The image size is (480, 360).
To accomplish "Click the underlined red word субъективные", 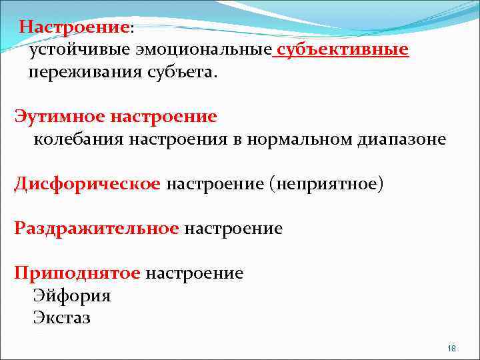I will coord(343,51).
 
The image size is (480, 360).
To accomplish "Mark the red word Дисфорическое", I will coord(87,184).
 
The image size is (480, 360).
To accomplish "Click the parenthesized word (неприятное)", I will coord(326,184).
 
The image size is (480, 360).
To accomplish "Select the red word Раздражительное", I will coord(97,229).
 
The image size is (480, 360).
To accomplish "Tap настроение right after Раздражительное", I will coord(233,229).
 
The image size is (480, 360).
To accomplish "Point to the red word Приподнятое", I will coord(77,273).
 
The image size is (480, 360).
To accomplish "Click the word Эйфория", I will coord(72,295).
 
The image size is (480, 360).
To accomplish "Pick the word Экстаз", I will coord(62,318).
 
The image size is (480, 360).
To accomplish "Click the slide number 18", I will coord(451,349).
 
